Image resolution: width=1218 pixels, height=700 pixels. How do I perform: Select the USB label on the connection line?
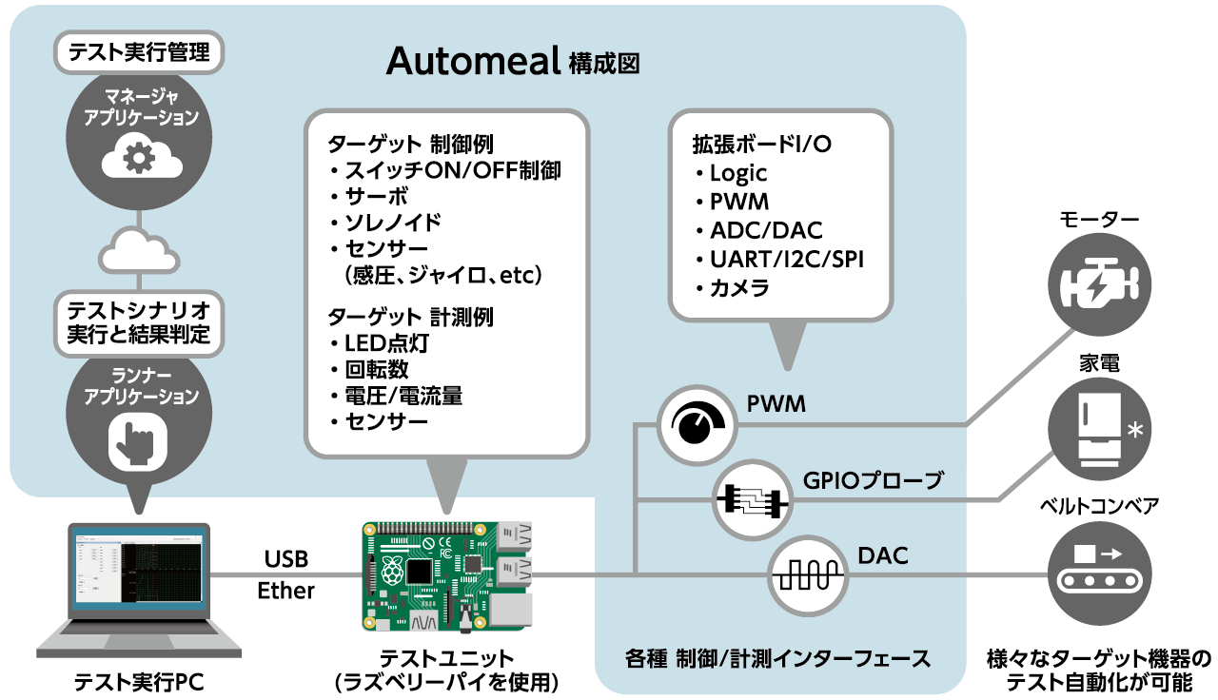click(x=285, y=559)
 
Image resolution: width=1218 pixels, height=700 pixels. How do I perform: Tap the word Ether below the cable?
click(x=285, y=591)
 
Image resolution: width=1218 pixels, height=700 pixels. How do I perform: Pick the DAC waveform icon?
click(x=807, y=574)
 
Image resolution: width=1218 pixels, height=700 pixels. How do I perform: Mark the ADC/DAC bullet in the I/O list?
click(x=765, y=230)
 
